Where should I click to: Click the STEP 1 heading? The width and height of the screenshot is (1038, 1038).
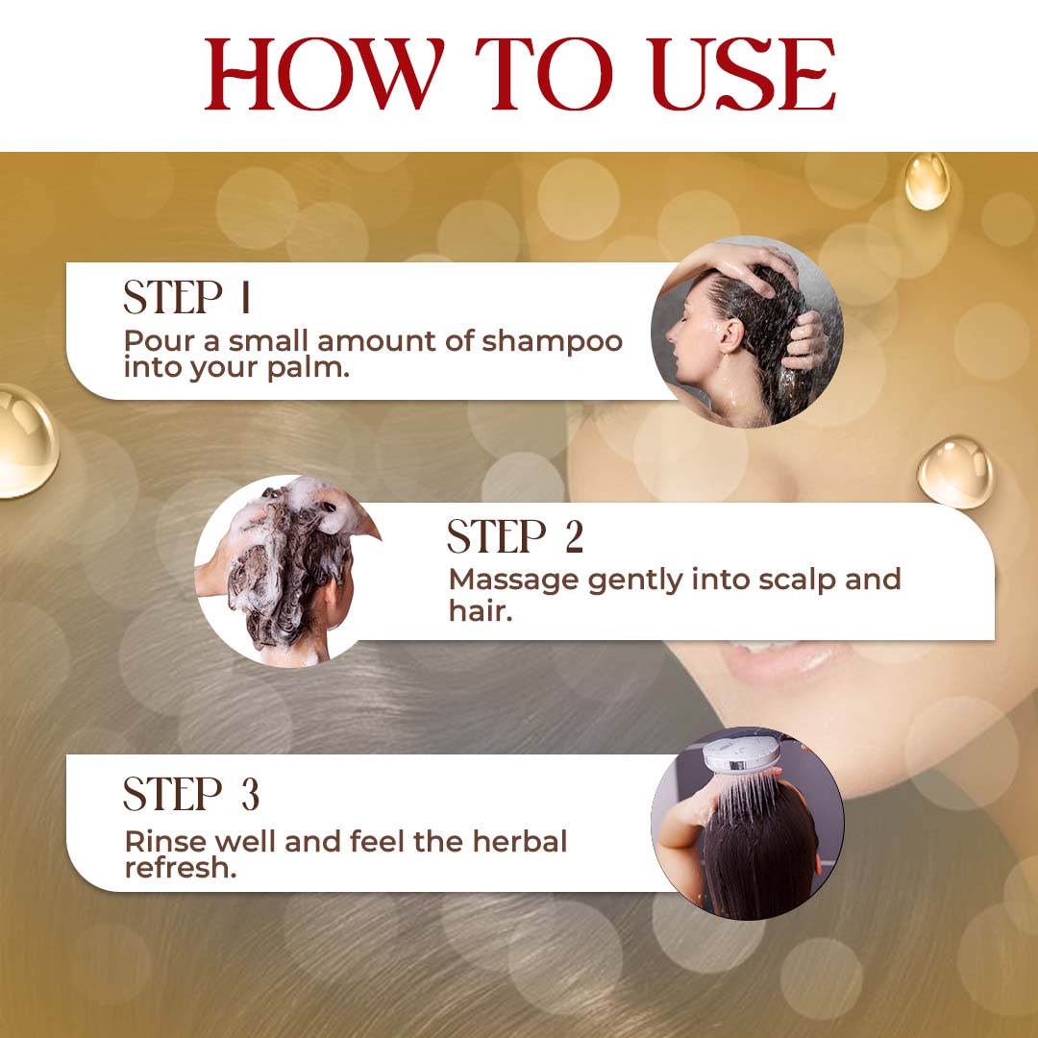187,297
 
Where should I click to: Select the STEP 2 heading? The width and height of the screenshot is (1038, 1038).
515,536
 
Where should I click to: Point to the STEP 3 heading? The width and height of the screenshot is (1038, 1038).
191,794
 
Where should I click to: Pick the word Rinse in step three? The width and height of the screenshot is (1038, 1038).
165,841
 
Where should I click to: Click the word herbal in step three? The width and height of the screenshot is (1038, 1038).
520,841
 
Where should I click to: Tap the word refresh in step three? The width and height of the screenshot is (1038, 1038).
180,868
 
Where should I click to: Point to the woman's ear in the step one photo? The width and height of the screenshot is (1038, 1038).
730,335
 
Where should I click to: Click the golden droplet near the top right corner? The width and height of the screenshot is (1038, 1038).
927,182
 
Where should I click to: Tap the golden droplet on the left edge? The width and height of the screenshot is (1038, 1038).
27,441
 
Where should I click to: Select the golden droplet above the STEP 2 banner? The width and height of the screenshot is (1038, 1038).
956,472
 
